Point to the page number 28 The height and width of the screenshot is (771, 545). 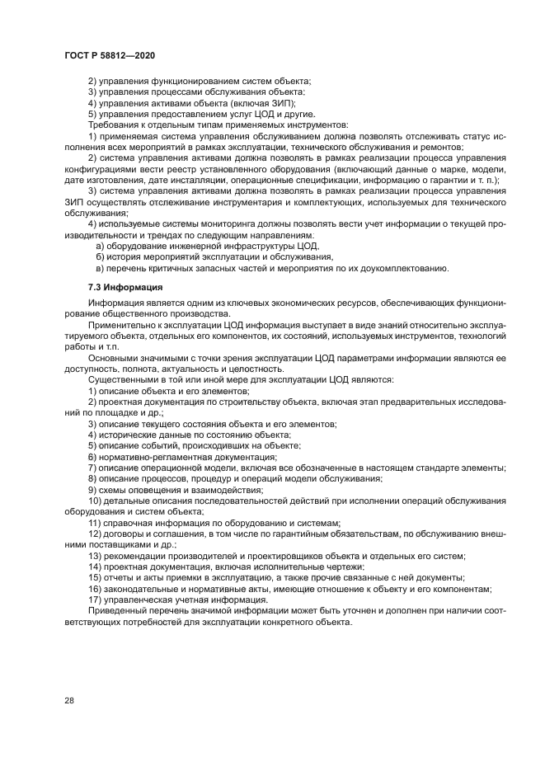click(68, 700)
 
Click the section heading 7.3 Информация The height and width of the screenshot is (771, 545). click(125, 287)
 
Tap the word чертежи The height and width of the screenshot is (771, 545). click(337, 566)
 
